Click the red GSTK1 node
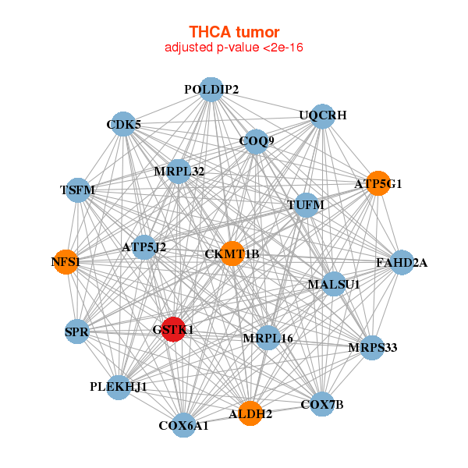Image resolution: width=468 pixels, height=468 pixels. tap(173, 329)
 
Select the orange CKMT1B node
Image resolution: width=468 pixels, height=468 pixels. tap(232, 253)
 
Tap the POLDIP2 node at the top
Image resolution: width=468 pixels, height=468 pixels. tap(211, 89)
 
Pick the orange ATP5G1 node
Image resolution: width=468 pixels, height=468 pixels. tap(378, 183)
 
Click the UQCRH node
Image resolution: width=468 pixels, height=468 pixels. tap(322, 115)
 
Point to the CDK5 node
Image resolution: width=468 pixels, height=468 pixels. tap(124, 124)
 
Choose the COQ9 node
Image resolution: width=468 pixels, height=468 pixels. tap(257, 141)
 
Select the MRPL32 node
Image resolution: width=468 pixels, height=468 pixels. tap(179, 172)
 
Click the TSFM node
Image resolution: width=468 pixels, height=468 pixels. tap(77, 190)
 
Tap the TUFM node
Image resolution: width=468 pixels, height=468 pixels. tap(306, 205)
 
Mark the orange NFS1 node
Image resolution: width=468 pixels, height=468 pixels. tap(66, 262)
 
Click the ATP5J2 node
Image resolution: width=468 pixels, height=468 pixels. tap(144, 247)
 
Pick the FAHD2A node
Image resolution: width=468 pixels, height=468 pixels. tap(402, 262)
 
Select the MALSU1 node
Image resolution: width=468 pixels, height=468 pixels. tap(334, 284)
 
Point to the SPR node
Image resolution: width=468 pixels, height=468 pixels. tap(77, 331)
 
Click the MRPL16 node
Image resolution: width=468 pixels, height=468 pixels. tap(268, 337)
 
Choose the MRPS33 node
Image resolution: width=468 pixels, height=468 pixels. tap(372, 347)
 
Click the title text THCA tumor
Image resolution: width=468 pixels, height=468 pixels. tap(234, 32)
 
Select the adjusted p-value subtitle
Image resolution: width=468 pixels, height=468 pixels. tap(234, 48)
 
